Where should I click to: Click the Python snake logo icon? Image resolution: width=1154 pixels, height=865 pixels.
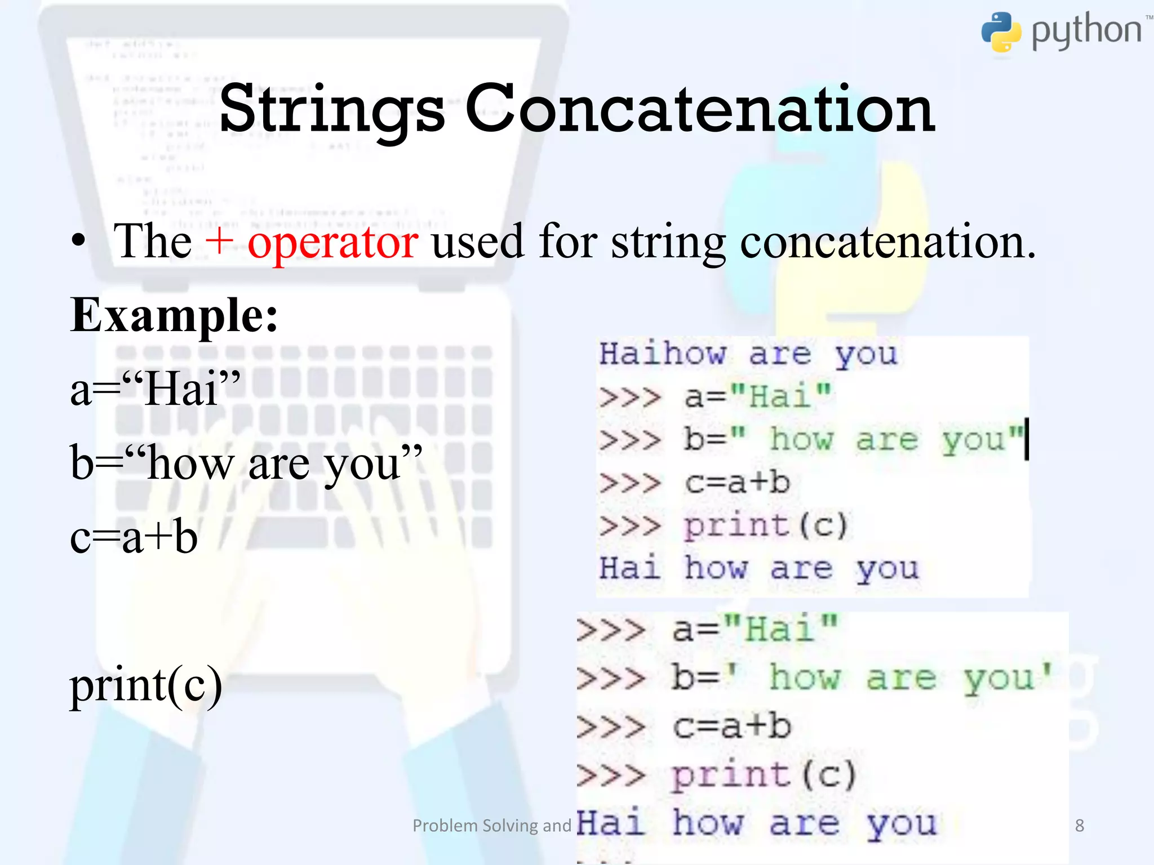(1001, 32)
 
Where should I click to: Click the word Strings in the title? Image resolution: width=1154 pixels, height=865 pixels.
(332, 109)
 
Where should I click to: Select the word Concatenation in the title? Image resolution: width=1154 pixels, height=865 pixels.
(699, 109)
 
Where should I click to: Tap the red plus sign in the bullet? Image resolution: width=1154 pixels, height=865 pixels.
(219, 240)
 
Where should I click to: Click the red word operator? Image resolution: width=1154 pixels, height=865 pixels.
(332, 243)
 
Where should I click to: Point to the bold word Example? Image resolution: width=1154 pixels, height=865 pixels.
(174, 316)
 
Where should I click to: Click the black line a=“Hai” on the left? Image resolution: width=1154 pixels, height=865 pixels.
(155, 389)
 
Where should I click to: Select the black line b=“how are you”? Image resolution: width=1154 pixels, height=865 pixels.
(246, 463)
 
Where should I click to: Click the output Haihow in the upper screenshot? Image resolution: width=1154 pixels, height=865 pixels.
(662, 354)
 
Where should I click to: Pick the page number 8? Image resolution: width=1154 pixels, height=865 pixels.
(1079, 826)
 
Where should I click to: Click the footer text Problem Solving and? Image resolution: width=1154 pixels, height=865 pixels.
(492, 826)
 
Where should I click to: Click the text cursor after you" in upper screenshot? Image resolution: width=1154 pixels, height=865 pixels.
(1027, 439)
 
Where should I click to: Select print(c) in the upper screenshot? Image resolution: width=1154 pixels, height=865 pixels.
(765, 525)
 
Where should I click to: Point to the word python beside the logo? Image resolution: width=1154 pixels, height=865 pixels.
(1086, 31)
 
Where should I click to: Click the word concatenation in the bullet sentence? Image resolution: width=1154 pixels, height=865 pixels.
(887, 242)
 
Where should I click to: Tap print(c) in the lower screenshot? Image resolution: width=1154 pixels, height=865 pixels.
(764, 775)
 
